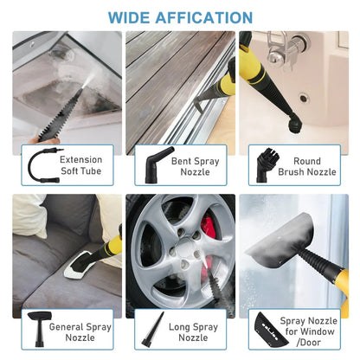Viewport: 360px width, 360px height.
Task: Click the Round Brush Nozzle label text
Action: (x=311, y=166)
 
